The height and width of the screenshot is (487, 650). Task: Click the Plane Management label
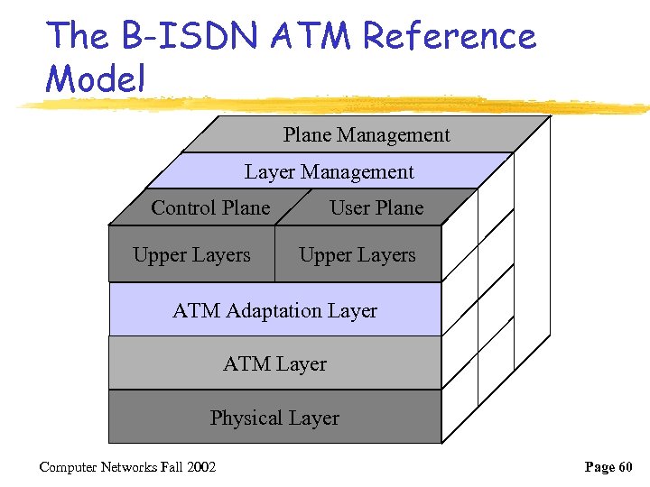[367, 135]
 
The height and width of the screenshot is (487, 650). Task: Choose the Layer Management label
[330, 172]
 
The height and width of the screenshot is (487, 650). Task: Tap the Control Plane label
[210, 208]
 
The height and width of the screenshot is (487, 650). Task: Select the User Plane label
[376, 208]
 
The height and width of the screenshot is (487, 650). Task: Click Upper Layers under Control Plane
[191, 255]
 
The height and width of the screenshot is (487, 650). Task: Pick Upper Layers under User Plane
[357, 255]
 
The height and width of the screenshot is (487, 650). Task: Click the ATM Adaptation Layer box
[275, 311]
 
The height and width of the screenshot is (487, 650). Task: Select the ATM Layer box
[275, 364]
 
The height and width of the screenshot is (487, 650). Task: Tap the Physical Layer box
[275, 418]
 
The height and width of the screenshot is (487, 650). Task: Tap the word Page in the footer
[600, 467]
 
